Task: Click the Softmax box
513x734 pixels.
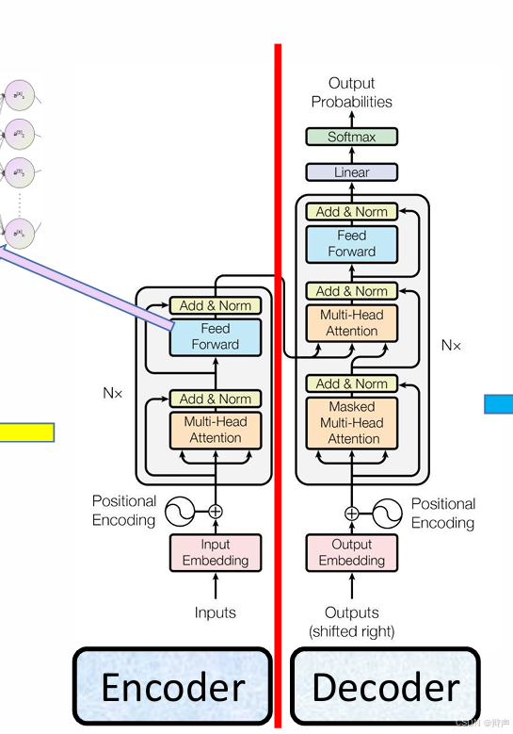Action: click(x=352, y=137)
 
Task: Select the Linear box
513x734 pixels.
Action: click(x=352, y=172)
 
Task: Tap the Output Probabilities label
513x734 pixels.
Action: click(x=352, y=92)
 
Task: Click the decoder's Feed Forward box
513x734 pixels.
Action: click(x=352, y=244)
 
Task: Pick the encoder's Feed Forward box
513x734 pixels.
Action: click(x=216, y=336)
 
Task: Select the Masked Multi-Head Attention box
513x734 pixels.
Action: click(x=352, y=422)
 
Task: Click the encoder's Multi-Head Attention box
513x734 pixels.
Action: click(x=216, y=430)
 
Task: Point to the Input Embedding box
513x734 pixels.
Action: click(x=216, y=552)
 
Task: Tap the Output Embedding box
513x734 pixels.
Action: click(x=352, y=552)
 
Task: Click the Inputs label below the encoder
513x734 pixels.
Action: click(x=216, y=612)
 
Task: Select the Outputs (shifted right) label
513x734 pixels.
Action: click(x=352, y=621)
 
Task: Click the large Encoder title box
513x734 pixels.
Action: click(x=172, y=687)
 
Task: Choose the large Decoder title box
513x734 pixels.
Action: click(x=385, y=687)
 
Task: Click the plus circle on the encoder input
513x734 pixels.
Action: click(x=216, y=512)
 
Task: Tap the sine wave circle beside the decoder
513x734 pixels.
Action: click(x=386, y=514)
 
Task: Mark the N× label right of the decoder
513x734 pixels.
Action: click(x=452, y=346)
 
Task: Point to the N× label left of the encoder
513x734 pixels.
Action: click(x=113, y=393)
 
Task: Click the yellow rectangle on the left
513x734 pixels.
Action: click(x=26, y=432)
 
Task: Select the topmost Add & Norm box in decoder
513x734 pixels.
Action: click(x=352, y=212)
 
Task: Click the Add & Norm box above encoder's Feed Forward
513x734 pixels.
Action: click(x=216, y=305)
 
